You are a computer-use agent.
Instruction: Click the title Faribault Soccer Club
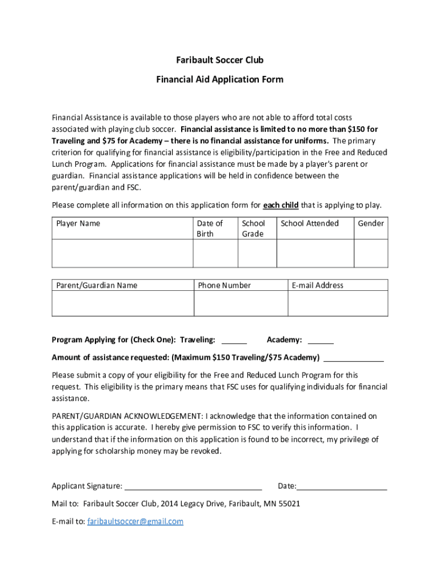click(x=219, y=61)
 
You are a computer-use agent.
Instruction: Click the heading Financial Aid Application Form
click(x=219, y=79)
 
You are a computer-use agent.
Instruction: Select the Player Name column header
click(x=78, y=223)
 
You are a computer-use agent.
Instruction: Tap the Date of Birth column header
click(x=209, y=229)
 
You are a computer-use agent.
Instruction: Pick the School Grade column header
click(x=253, y=229)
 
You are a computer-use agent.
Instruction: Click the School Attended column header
click(x=310, y=223)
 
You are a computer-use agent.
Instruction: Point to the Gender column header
click(x=371, y=223)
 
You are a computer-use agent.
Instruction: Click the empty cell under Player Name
click(x=122, y=254)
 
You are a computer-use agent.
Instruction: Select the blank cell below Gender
click(x=371, y=254)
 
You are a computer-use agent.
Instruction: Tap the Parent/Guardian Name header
click(x=97, y=285)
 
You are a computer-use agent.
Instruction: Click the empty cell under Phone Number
click(x=241, y=303)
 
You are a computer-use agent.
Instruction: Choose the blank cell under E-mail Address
click(x=338, y=303)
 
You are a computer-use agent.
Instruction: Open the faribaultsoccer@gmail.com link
click(x=135, y=522)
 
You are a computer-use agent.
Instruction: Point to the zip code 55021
click(x=289, y=504)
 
